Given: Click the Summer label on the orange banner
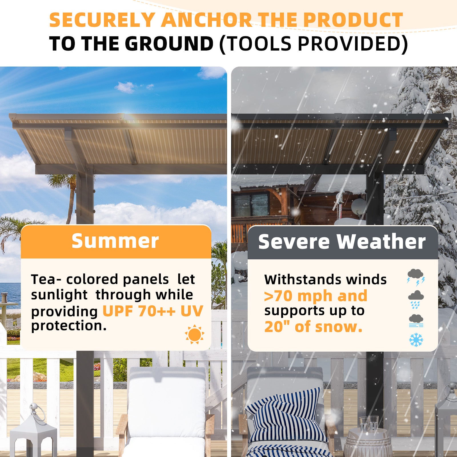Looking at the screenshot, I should pos(115,241).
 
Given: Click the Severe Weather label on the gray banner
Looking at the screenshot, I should pos(342,242).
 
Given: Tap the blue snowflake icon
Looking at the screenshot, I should pos(416,340).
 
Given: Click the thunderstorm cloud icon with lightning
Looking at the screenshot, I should pos(416,276).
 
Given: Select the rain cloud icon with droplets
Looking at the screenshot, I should pos(416,299).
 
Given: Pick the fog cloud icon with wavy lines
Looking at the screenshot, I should pos(416,320).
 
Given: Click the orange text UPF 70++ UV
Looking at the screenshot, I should pos(153,311).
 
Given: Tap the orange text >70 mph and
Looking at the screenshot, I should pos(316,296).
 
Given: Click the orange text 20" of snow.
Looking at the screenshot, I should pos(313,326).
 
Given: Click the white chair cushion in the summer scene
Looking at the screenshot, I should pos(167,400).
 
